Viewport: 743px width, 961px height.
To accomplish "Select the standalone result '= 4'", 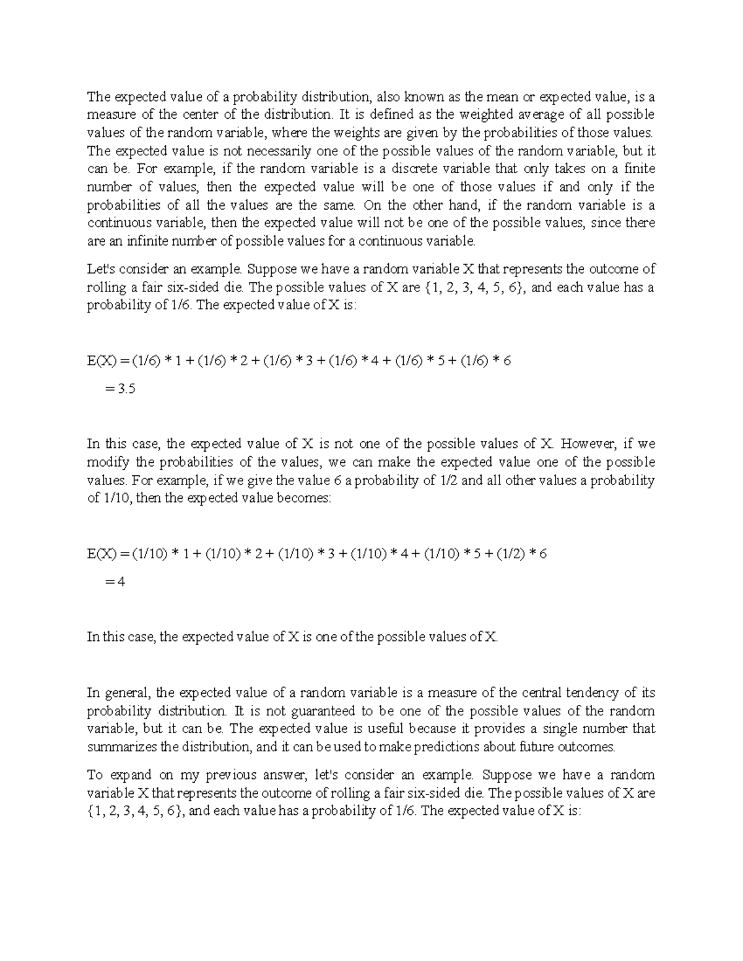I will pos(116,582).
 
